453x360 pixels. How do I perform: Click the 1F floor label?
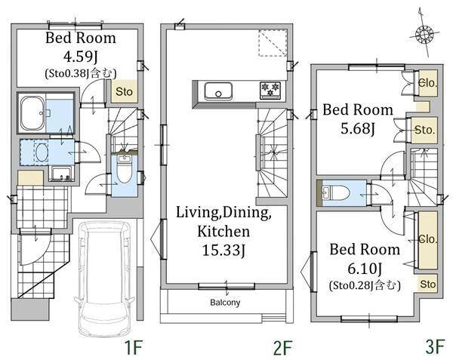click(x=134, y=347)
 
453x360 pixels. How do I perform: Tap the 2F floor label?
click(x=283, y=348)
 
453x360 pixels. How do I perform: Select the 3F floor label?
click(x=435, y=346)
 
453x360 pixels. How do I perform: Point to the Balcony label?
click(x=225, y=303)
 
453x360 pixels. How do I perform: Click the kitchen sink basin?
click(x=218, y=91)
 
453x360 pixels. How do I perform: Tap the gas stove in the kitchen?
click(x=270, y=90)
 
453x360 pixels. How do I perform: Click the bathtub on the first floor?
click(x=32, y=113)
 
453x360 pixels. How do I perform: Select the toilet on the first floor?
click(x=125, y=171)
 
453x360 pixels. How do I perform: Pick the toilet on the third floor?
click(x=336, y=193)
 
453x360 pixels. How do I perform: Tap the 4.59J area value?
click(x=80, y=57)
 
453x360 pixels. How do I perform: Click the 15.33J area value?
click(x=223, y=250)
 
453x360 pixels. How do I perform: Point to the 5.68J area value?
click(x=358, y=128)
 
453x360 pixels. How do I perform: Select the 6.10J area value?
click(x=365, y=269)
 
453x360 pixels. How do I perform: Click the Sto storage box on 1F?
click(x=125, y=91)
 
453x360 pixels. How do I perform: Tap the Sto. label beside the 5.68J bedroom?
click(x=424, y=130)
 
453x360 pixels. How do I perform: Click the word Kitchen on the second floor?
click(x=223, y=231)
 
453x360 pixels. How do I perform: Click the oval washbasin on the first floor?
click(x=42, y=152)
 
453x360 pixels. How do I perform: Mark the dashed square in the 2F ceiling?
click(x=273, y=43)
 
